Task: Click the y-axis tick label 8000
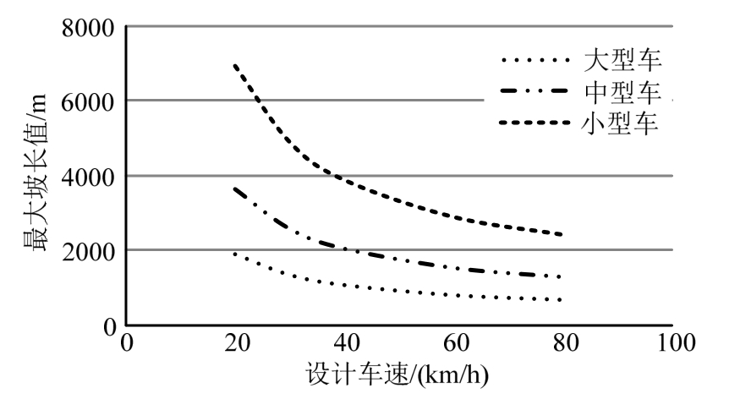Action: (88, 27)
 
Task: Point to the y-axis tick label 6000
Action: (88, 101)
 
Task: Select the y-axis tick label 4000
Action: (88, 176)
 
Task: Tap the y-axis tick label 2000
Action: (88, 250)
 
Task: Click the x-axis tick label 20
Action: (235, 342)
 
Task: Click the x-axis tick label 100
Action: (672, 342)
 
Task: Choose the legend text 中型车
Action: (622, 91)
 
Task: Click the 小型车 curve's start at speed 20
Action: (235, 64)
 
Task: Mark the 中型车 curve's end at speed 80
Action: (561, 276)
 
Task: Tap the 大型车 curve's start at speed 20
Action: (235, 254)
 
